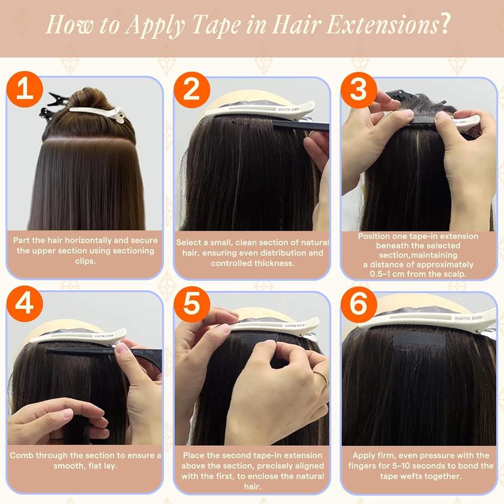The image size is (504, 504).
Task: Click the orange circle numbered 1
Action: tap(25, 89)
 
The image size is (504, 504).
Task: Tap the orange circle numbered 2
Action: tap(192, 90)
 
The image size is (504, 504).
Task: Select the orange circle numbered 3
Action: tap(359, 90)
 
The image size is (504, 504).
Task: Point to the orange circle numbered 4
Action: tap(25, 304)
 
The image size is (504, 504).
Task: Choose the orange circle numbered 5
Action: tap(192, 304)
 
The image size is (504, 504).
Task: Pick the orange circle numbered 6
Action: tap(359, 304)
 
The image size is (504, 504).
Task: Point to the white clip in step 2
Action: tap(259, 109)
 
